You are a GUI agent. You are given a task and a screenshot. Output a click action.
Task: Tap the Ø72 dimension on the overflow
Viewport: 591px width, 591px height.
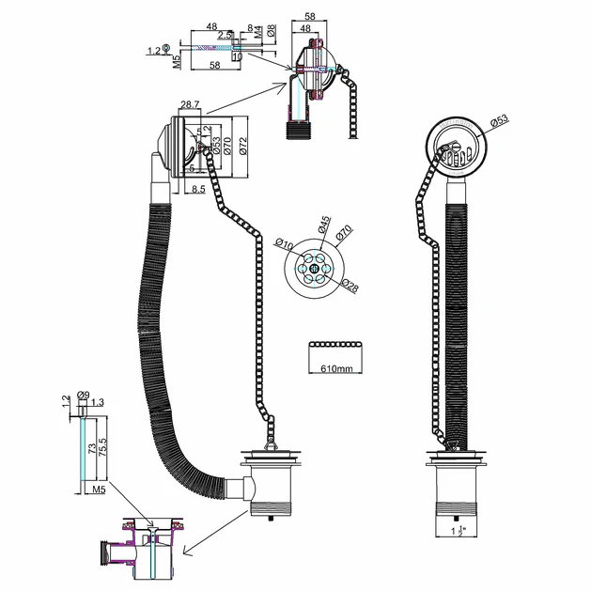coord(242,146)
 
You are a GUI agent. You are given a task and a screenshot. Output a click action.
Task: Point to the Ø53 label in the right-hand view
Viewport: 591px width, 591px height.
coord(498,120)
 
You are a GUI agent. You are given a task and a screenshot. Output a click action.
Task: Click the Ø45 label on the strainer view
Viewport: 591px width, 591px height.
coord(323,226)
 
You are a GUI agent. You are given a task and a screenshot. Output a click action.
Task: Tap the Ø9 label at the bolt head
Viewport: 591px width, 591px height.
coord(85,396)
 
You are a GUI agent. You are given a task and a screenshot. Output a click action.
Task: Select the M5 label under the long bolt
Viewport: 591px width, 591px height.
coord(97,490)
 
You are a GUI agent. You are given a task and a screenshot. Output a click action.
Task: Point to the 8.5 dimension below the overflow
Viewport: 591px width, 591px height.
coord(198,190)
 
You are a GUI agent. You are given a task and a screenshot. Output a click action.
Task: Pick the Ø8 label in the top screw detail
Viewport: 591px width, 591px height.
coord(271,30)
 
